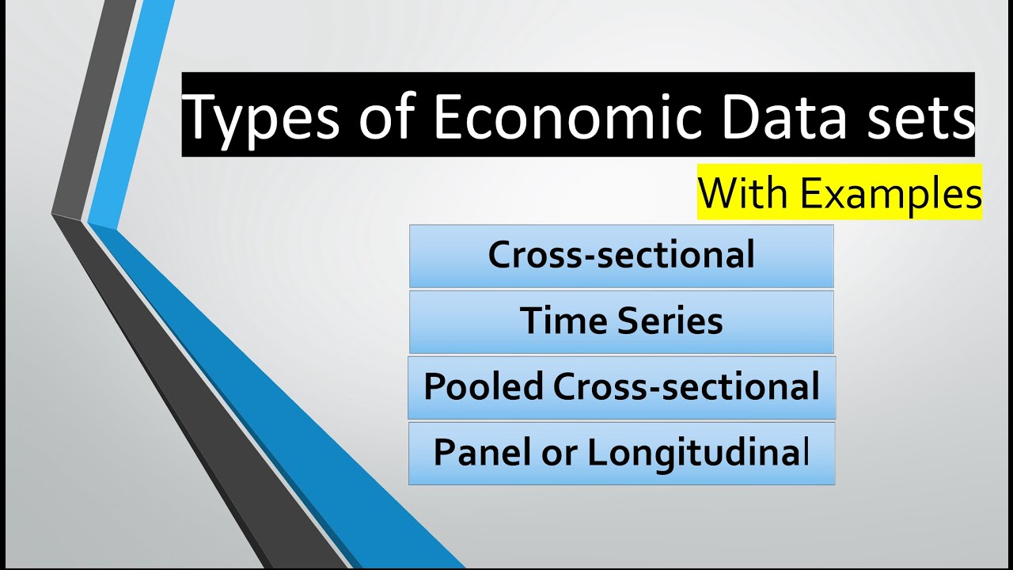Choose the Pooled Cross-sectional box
[621, 387]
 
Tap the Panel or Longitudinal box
[621, 453]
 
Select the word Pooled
[484, 386]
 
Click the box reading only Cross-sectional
[621, 256]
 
